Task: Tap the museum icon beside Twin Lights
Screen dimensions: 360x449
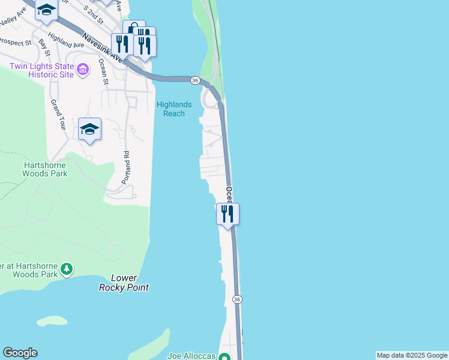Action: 83,71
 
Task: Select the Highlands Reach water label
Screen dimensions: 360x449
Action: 174,109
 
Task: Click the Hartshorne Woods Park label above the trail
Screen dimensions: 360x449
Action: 45,169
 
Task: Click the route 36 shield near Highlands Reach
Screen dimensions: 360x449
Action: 195,80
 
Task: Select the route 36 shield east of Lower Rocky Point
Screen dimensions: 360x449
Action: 237,299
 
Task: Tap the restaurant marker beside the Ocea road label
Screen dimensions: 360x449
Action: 228,213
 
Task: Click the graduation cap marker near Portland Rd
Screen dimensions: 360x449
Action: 89,128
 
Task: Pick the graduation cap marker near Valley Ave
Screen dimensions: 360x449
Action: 46,10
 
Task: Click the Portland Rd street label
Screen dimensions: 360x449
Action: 127,162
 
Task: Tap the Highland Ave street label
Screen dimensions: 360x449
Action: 65,40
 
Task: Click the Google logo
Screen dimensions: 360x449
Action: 20,353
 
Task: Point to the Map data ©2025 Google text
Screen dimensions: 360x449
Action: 412,355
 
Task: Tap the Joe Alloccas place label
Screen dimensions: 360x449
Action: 191,356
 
